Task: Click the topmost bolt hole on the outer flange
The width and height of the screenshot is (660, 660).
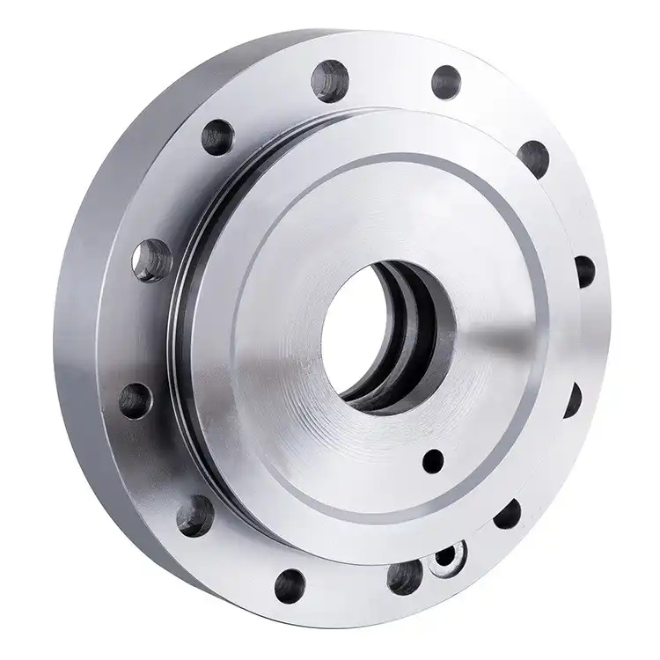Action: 331,80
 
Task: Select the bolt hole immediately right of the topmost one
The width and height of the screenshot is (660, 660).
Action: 446,82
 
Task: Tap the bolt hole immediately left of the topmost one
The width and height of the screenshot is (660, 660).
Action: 218,137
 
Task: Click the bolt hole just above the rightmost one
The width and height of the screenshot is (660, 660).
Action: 533,158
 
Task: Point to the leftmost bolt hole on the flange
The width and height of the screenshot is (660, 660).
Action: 135,400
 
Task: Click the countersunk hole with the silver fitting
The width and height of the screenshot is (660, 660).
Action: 451,557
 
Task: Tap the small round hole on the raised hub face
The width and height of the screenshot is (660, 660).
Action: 432,460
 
